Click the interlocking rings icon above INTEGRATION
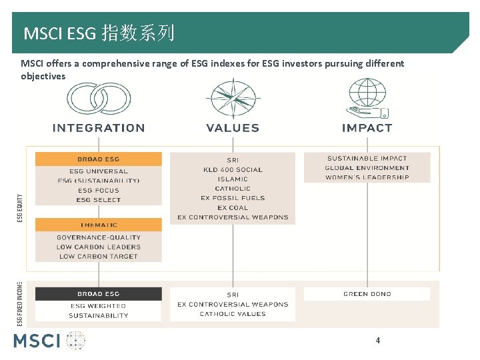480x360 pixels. click(98, 98)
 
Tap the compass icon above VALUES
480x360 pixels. click(233, 97)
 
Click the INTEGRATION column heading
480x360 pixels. click(98, 128)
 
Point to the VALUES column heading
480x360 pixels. click(233, 128)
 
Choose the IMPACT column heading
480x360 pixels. click(367, 128)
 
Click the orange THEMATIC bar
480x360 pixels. click(98, 225)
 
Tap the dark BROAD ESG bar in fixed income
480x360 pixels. click(98, 294)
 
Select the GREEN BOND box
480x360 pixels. click(367, 294)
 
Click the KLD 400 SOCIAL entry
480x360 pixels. click(233, 169)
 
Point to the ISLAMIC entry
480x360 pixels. click(233, 179)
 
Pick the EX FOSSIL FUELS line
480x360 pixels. click(233, 198)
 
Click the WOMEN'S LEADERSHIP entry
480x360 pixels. click(367, 177)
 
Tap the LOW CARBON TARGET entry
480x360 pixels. click(98, 256)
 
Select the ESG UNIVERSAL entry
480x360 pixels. click(98, 171)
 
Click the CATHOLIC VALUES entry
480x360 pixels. click(233, 314)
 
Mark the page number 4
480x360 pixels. click(378, 341)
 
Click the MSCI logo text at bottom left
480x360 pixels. click(37, 341)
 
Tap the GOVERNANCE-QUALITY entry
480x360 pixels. click(98, 237)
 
